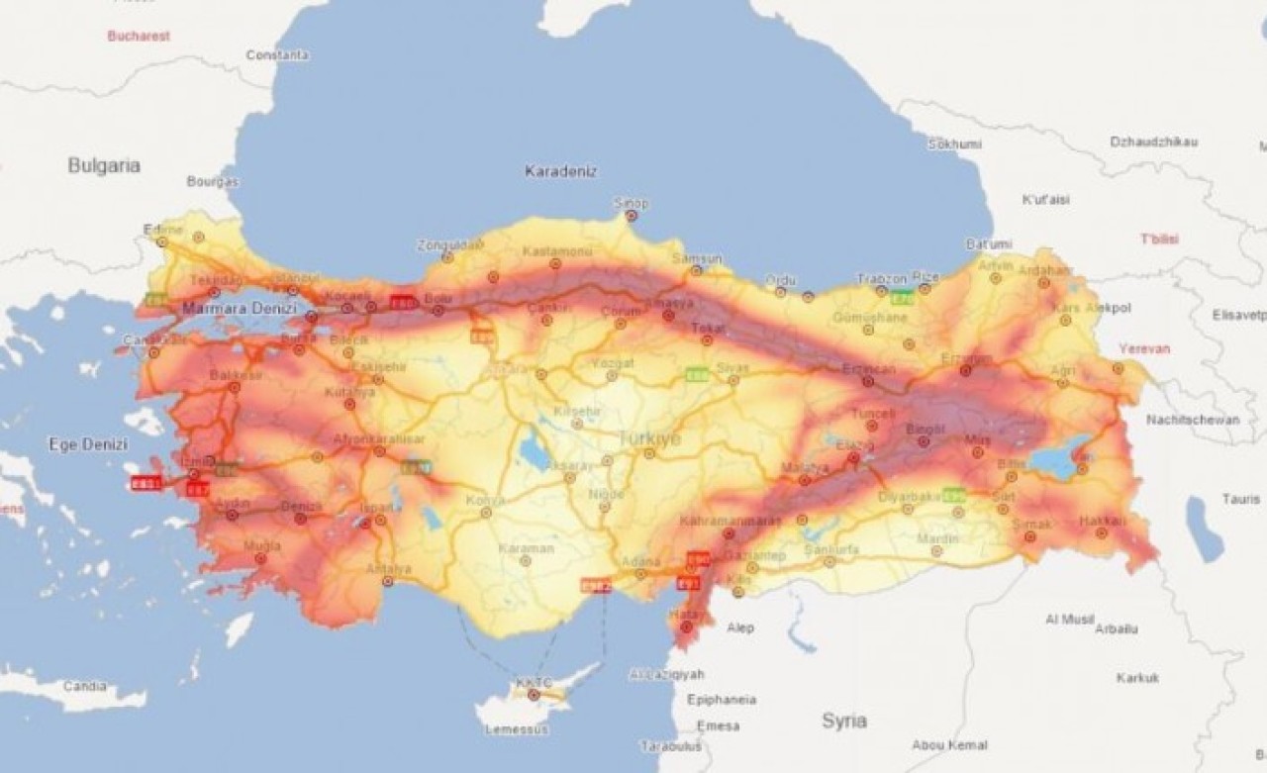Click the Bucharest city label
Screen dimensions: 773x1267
pyautogui.click(x=139, y=36)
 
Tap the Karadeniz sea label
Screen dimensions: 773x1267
pyautogui.click(x=560, y=171)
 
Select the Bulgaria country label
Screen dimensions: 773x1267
pyautogui.click(x=104, y=165)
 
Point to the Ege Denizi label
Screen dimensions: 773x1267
pyautogui.click(x=88, y=444)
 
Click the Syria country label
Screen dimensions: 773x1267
pyautogui.click(x=844, y=721)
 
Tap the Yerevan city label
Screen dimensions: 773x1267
pyautogui.click(x=1144, y=348)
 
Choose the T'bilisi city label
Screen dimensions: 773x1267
pyautogui.click(x=1159, y=239)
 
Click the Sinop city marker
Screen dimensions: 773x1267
pyautogui.click(x=632, y=215)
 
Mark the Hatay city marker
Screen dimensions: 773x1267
pyautogui.click(x=686, y=626)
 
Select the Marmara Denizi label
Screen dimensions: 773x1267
pyautogui.click(x=239, y=309)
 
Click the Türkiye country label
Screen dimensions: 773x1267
pyautogui.click(x=649, y=438)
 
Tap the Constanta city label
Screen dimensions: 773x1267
pyautogui.click(x=277, y=55)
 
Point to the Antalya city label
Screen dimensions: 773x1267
pyautogui.click(x=388, y=568)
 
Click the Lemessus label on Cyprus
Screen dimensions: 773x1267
pyautogui.click(x=517, y=729)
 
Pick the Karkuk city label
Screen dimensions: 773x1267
pyautogui.click(x=1137, y=678)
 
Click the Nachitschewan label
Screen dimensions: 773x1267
pyautogui.click(x=1193, y=420)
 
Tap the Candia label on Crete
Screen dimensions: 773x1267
pyautogui.click(x=83, y=685)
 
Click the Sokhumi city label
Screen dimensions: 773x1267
pyautogui.click(x=954, y=144)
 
